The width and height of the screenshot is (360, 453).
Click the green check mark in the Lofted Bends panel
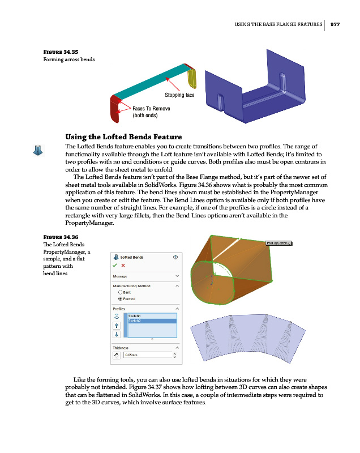(x=115, y=265)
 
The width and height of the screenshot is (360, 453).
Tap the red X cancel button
(x=123, y=265)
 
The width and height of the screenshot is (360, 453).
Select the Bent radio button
(x=120, y=292)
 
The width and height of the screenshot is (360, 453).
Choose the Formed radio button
(x=120, y=298)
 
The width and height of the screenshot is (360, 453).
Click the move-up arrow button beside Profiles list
(x=117, y=326)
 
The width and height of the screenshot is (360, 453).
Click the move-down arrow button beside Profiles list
(x=117, y=335)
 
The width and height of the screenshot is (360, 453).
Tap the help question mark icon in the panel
(x=175, y=257)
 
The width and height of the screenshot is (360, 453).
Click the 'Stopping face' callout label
(x=179, y=95)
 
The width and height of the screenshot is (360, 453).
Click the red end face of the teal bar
(x=115, y=109)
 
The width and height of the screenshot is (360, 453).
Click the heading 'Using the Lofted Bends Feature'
(x=123, y=136)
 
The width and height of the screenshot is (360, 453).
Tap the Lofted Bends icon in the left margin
(x=38, y=149)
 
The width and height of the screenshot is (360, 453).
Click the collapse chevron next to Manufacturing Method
(x=177, y=286)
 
